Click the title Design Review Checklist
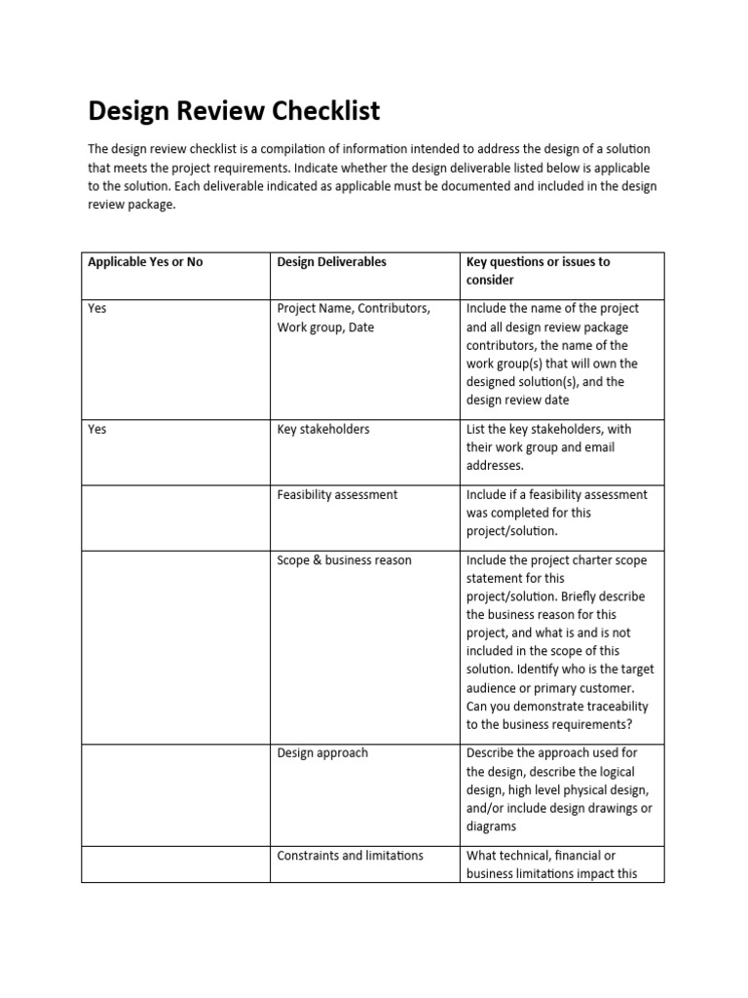(x=234, y=111)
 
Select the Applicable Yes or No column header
(x=145, y=262)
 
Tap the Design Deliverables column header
(x=331, y=262)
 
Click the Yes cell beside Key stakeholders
(x=97, y=429)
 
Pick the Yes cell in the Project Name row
(x=97, y=308)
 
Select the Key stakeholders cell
(x=323, y=429)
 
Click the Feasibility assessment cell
(x=337, y=495)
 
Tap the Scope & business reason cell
(x=344, y=560)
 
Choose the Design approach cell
(x=322, y=753)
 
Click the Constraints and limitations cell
(x=350, y=856)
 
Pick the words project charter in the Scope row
(x=550, y=560)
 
